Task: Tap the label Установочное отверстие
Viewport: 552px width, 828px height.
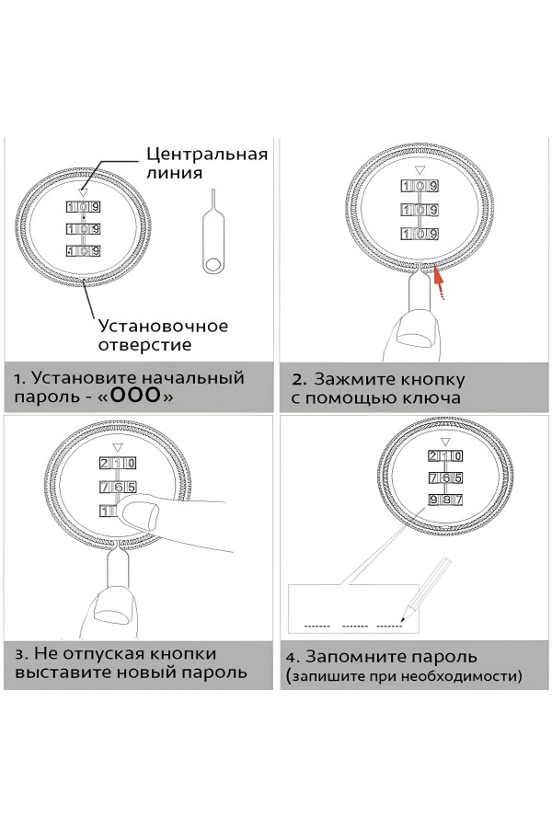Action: coord(163,336)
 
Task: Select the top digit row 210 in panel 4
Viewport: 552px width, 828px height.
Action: coord(443,457)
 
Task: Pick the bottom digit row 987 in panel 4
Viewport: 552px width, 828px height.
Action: coord(443,500)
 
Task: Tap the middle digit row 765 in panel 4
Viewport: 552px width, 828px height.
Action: coord(443,478)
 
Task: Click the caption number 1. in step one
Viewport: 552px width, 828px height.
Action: coord(21,378)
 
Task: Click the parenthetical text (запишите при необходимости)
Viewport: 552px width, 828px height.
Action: coord(403,677)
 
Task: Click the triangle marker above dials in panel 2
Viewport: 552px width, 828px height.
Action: coord(419,170)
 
